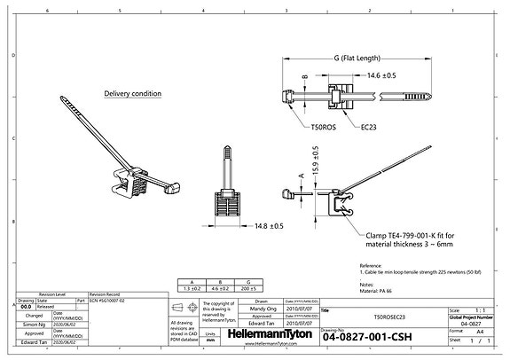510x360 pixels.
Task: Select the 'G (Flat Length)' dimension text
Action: point(357,59)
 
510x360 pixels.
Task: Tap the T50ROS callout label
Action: point(325,128)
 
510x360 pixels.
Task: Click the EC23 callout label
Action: point(368,128)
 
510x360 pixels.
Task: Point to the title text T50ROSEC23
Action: point(382,316)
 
